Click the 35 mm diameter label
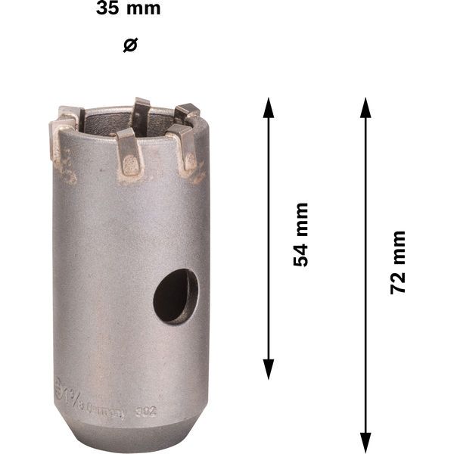click(x=129, y=10)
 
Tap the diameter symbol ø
click(x=129, y=45)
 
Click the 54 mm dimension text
click(x=301, y=234)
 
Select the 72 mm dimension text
click(x=398, y=262)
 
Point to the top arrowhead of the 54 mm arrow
click(x=268, y=107)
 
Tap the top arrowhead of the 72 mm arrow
click(x=365, y=107)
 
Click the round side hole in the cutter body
click(x=176, y=296)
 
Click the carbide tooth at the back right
click(x=186, y=115)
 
